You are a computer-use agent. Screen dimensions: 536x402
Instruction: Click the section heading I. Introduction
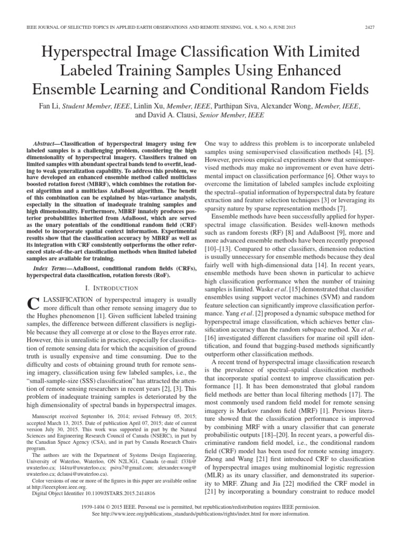112,287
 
